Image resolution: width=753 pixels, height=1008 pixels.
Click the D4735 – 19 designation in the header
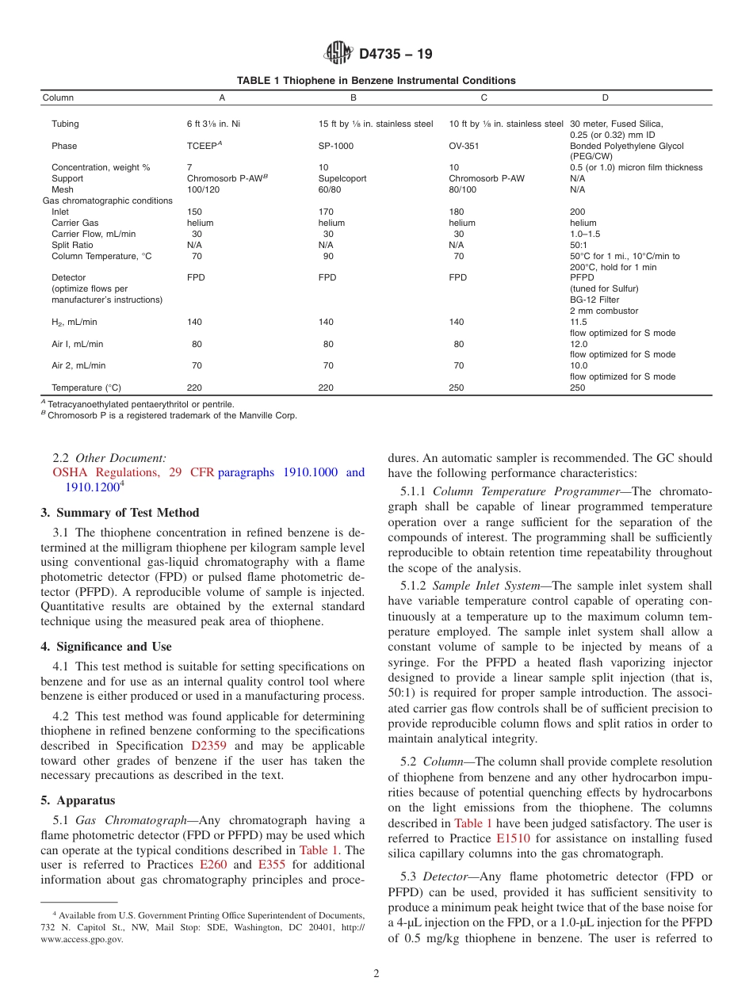[396, 55]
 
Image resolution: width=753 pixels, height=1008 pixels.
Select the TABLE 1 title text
[376, 81]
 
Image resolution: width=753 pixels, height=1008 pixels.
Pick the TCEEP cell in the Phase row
[202, 146]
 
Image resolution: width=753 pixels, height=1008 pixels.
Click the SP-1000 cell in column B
[336, 146]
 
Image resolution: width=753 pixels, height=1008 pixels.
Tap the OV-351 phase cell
[464, 146]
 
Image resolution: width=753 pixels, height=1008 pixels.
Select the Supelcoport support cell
[342, 179]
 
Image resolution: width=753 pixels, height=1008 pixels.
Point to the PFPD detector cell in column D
[581, 278]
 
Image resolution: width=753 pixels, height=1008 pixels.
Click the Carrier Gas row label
[75, 223]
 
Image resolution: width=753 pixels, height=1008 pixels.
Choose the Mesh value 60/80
[329, 190]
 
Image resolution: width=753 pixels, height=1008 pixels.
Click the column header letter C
[484, 98]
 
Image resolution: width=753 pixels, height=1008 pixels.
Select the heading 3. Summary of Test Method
[120, 513]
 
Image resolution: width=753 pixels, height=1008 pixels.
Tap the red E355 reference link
[271, 865]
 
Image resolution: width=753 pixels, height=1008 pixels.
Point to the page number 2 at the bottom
[376, 974]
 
